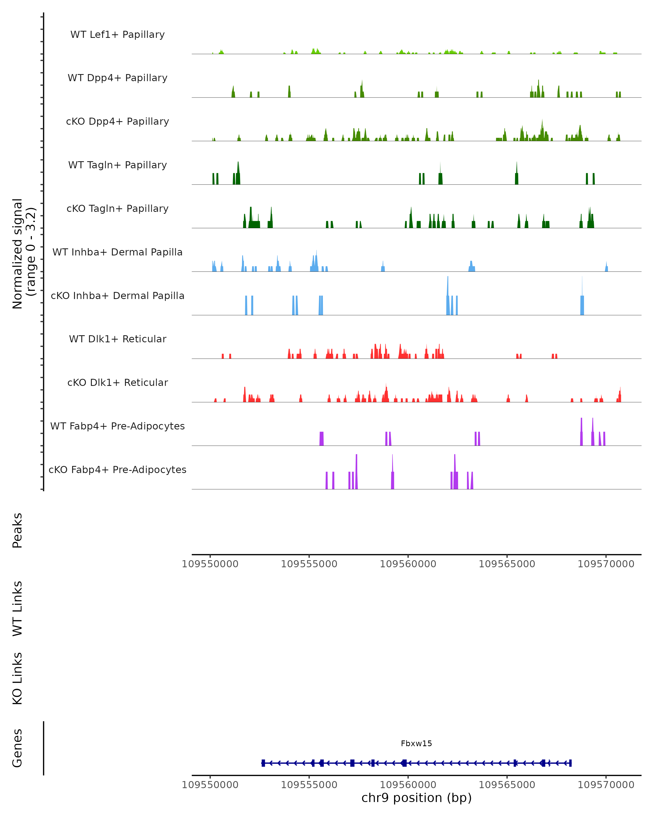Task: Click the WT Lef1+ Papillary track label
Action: (117, 35)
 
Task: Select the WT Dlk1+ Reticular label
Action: (117, 339)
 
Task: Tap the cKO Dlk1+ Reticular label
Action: (117, 382)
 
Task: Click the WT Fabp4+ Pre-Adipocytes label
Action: (117, 426)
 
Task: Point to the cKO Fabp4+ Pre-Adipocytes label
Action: (117, 470)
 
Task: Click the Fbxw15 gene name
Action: (416, 743)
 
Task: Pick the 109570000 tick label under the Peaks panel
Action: (606, 564)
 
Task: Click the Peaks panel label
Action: (17, 530)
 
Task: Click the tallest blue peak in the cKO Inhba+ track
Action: (448, 288)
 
